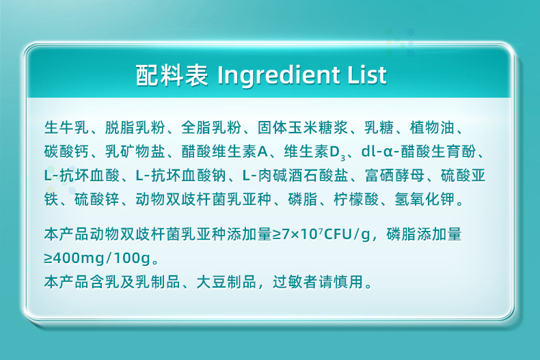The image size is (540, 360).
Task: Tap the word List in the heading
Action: (x=367, y=75)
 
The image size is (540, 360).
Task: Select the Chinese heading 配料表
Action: (x=172, y=75)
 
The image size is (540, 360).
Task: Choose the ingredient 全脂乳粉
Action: (x=211, y=128)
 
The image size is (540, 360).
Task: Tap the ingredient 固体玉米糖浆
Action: (x=303, y=128)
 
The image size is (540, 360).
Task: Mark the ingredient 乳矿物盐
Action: (x=135, y=152)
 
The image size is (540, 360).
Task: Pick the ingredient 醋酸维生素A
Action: (x=224, y=152)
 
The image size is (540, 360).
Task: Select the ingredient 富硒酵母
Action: (x=394, y=176)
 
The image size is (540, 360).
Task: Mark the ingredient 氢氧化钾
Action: (x=424, y=200)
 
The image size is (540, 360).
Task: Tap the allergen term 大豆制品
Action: (x=226, y=282)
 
